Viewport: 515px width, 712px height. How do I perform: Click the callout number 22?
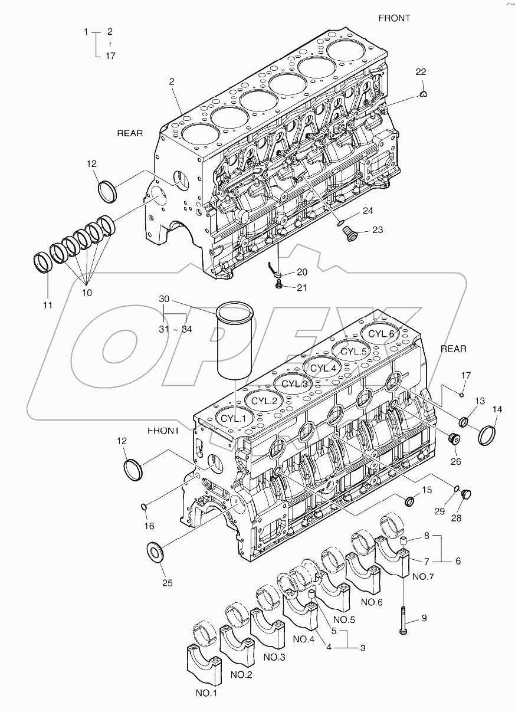(x=420, y=72)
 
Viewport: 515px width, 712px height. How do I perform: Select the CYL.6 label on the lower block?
(x=381, y=333)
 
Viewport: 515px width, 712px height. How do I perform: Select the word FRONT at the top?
(x=394, y=18)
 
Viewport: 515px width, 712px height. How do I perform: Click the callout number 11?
(x=47, y=305)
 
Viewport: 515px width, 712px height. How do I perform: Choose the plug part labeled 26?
(x=454, y=440)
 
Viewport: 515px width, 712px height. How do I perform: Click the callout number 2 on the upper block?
(x=172, y=82)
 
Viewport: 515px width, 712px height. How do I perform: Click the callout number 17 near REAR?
(x=466, y=375)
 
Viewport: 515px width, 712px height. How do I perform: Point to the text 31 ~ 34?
(x=175, y=330)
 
